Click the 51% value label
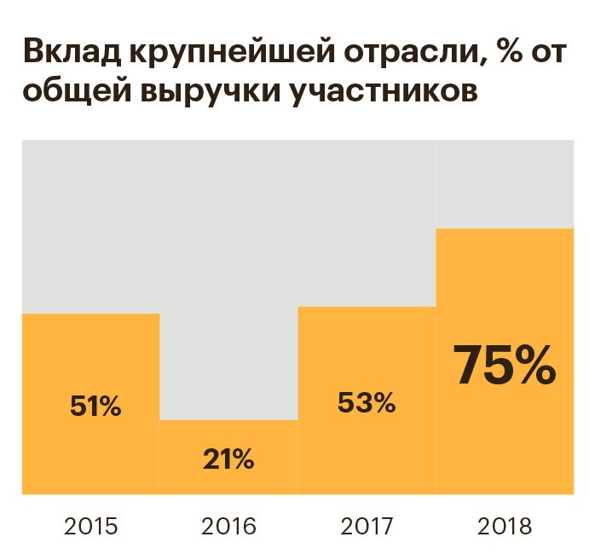coord(95,407)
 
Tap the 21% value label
coord(228,459)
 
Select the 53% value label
coord(367,401)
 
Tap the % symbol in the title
coord(515,52)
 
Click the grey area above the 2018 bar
coord(505,183)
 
